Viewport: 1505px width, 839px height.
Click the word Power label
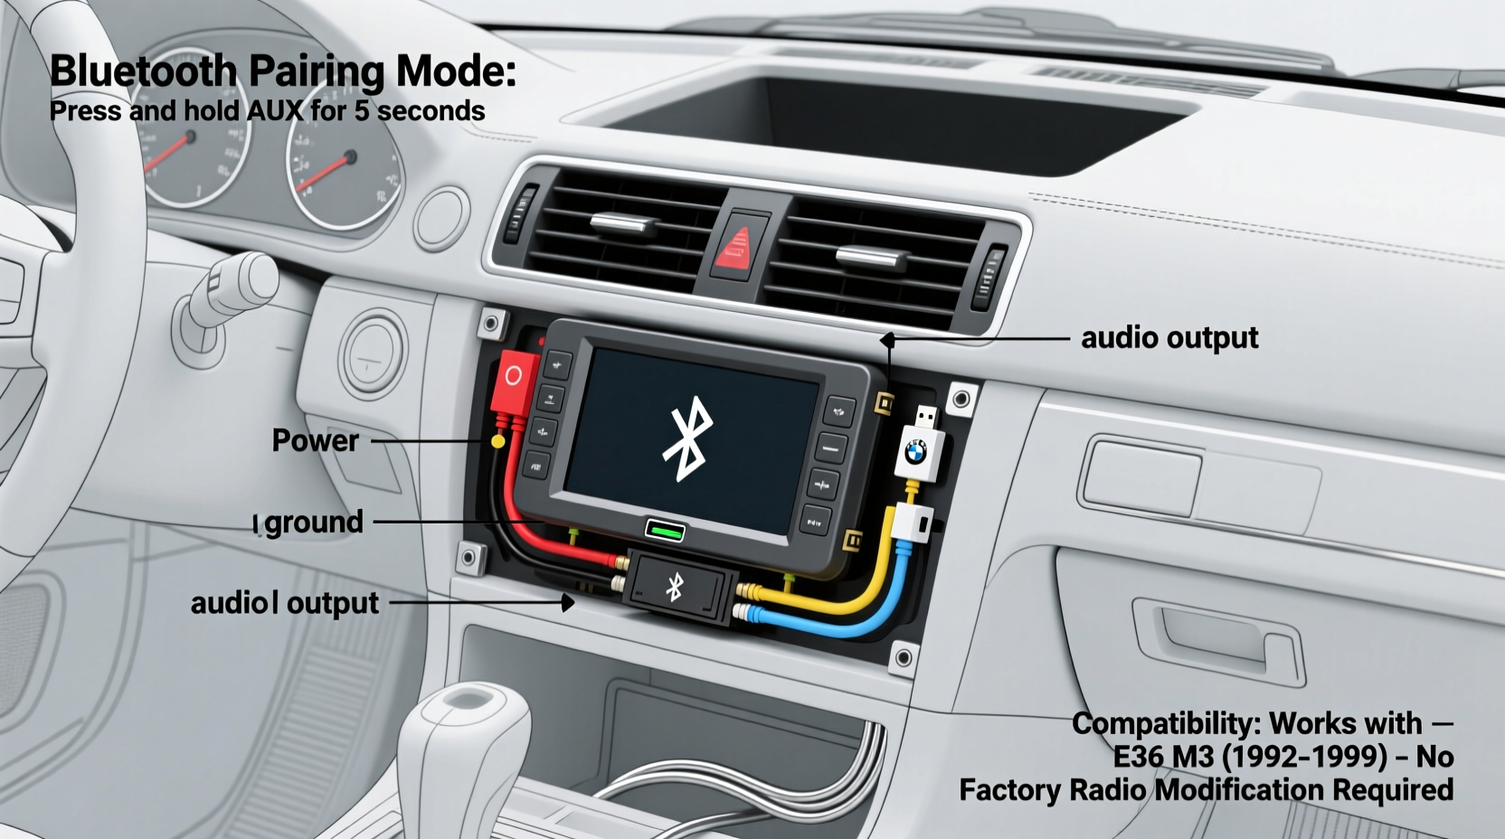pos(315,440)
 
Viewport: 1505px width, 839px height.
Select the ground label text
pos(314,522)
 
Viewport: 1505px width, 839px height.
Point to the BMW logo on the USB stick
pos(916,449)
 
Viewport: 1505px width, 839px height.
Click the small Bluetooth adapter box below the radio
pos(677,588)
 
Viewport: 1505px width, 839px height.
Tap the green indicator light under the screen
pos(665,531)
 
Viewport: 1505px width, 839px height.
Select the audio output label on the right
pos(1169,337)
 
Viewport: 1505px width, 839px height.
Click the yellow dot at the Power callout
pos(497,441)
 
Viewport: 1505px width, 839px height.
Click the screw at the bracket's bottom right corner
pos(903,656)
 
